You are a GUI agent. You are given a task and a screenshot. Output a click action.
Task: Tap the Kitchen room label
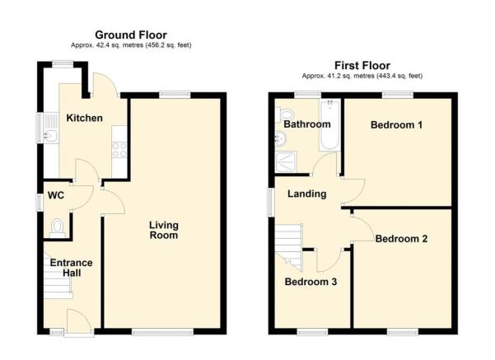tap(85, 118)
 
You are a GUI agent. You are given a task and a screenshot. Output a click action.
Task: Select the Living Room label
tap(164, 230)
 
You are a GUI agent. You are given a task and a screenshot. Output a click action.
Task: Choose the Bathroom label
tap(306, 124)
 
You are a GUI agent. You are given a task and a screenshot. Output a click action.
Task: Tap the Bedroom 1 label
tap(396, 125)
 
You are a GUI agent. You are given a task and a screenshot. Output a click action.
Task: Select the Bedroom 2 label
tap(401, 240)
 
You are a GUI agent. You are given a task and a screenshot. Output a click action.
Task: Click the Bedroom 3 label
tap(311, 281)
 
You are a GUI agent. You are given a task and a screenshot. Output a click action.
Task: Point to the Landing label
tap(306, 194)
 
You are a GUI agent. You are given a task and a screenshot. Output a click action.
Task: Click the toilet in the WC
tap(57, 226)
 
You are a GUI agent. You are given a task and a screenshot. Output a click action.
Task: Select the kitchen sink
tap(49, 129)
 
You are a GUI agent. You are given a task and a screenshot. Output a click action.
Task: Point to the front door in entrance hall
tap(76, 321)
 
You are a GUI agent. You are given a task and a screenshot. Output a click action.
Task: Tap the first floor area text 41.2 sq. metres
tap(362, 76)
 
